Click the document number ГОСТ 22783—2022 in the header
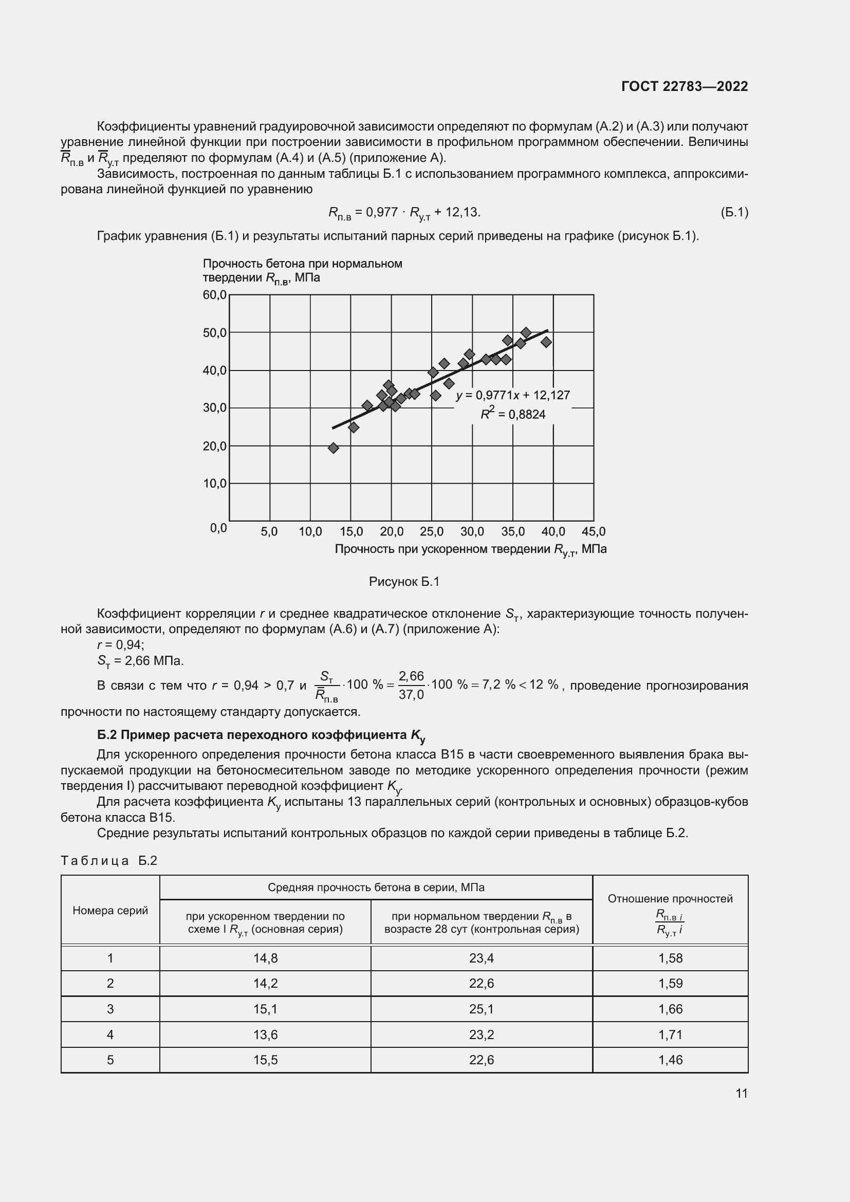tap(684, 86)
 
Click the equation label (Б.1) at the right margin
tap(734, 212)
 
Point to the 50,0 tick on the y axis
tap(215, 333)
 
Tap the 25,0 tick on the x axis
tap(431, 532)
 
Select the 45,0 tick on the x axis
tap(594, 532)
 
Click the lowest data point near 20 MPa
tap(334, 448)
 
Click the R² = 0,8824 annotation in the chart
tap(513, 415)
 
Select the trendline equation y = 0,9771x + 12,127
tap(513, 395)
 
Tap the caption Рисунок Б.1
tap(404, 582)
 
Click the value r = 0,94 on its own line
tap(121, 644)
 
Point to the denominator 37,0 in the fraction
tap(411, 695)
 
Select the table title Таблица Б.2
tap(109, 861)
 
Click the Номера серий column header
tap(110, 911)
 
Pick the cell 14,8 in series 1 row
tap(265, 958)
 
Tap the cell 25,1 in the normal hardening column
tap(482, 1009)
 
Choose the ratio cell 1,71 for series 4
tap(670, 1034)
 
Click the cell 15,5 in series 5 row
tap(265, 1060)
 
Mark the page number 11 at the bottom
tap(741, 1093)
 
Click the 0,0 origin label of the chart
tap(218, 528)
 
